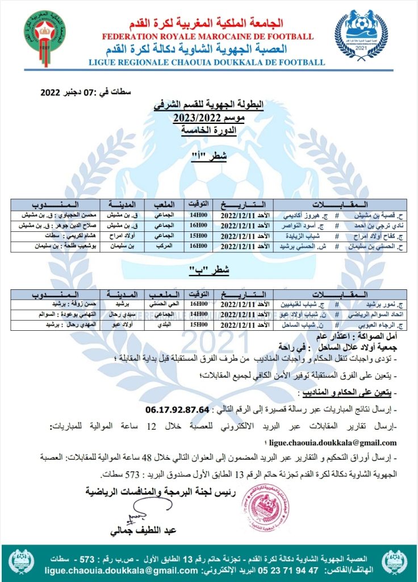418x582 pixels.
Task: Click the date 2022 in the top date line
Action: point(55,93)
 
